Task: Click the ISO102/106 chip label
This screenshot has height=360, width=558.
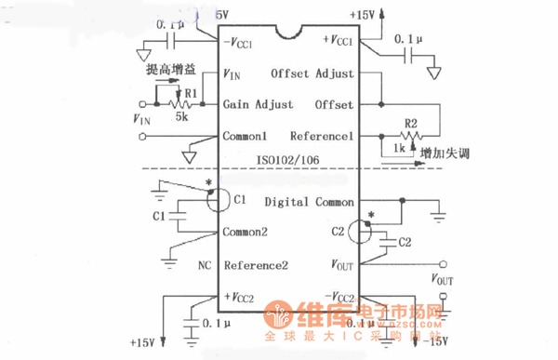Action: coord(286,159)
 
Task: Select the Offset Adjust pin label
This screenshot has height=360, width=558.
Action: coord(312,73)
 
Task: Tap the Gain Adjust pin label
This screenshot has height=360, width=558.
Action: coord(259,104)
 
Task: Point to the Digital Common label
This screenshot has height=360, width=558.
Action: coord(305,201)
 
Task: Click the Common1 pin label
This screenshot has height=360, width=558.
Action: coord(246,136)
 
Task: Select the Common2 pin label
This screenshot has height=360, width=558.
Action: coord(246,233)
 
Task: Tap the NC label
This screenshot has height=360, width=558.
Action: coord(205,264)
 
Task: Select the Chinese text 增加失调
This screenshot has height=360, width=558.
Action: coord(445,152)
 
